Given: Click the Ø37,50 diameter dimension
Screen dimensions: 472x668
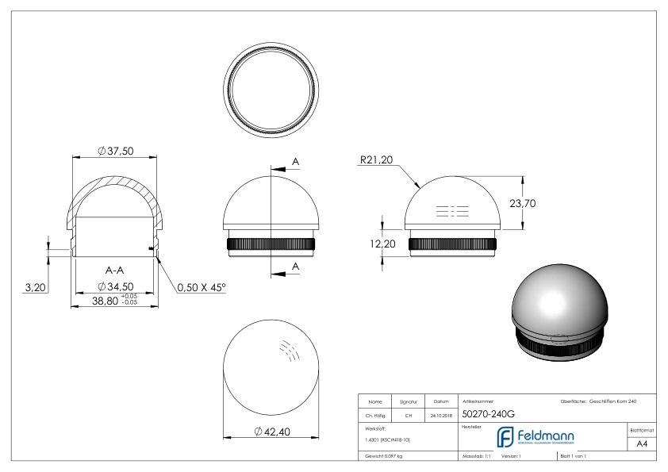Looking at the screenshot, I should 115,152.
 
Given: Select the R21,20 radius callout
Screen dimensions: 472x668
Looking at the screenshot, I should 376,160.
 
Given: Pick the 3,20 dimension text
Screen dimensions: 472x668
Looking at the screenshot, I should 34,286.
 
